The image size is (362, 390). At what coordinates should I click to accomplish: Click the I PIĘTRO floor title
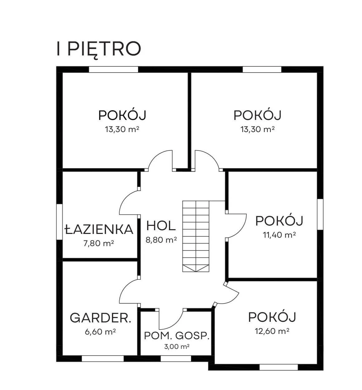coord(99,50)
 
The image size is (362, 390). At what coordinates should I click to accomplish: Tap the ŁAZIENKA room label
coord(99,229)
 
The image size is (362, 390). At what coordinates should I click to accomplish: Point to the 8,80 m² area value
coord(161,240)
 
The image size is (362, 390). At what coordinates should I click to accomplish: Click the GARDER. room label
coord(100,318)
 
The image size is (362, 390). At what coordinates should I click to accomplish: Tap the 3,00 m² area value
coord(177,347)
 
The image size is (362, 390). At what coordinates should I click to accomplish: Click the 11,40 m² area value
coord(279,235)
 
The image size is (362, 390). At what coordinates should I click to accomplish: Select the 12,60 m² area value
coord(272,331)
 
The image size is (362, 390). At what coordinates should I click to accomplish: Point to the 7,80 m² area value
coord(99,243)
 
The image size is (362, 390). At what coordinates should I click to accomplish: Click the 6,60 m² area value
coord(100,332)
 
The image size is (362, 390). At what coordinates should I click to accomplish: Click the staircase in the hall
coord(196,236)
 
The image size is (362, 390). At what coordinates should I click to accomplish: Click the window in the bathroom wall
coord(60,222)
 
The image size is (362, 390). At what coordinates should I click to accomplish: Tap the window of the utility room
coord(176,359)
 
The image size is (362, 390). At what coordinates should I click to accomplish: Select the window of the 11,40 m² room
coord(320,214)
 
